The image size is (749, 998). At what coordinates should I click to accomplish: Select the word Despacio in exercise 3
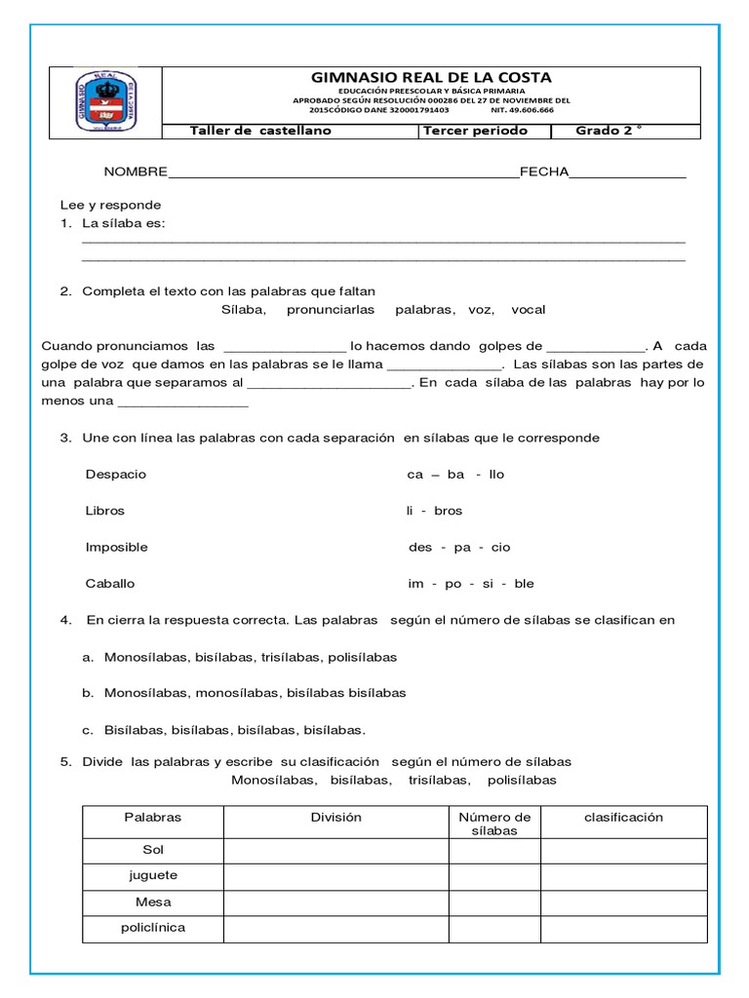(116, 474)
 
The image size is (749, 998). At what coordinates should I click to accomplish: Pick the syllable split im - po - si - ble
(471, 584)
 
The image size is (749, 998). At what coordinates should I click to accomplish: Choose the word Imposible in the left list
(117, 547)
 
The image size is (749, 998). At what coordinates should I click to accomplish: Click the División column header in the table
(336, 818)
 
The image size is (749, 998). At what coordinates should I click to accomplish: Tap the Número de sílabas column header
(494, 824)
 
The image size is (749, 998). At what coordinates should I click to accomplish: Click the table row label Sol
(153, 851)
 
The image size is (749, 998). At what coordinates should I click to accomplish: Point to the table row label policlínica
(153, 928)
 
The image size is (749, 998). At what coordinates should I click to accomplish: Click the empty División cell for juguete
(336, 876)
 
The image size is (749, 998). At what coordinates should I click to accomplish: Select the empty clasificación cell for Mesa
(623, 902)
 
